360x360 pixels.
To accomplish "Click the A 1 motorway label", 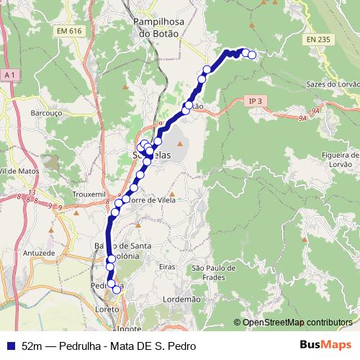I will [x=9, y=75].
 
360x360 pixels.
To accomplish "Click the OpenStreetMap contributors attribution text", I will [x=297, y=322].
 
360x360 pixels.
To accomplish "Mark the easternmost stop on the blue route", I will [x=252, y=55].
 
